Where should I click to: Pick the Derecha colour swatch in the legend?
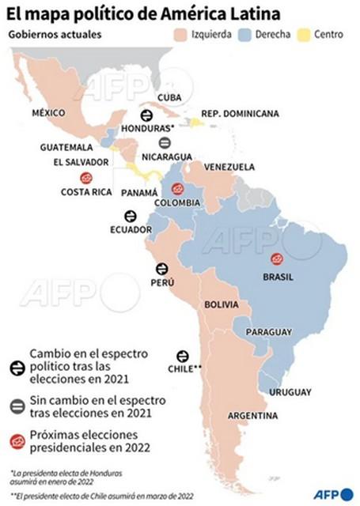click(x=246, y=36)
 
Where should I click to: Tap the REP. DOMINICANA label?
click(x=241, y=114)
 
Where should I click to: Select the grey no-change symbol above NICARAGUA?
click(x=165, y=143)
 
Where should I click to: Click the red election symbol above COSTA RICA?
click(x=86, y=178)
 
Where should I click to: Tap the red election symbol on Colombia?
click(x=177, y=189)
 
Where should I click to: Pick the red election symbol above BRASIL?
click(x=277, y=259)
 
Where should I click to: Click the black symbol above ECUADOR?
click(x=131, y=216)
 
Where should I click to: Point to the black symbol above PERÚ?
click(x=162, y=269)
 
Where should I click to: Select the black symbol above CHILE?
click(x=183, y=356)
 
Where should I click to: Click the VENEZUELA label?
click(x=229, y=167)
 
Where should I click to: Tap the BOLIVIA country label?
click(x=222, y=304)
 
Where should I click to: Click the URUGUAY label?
click(x=290, y=392)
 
